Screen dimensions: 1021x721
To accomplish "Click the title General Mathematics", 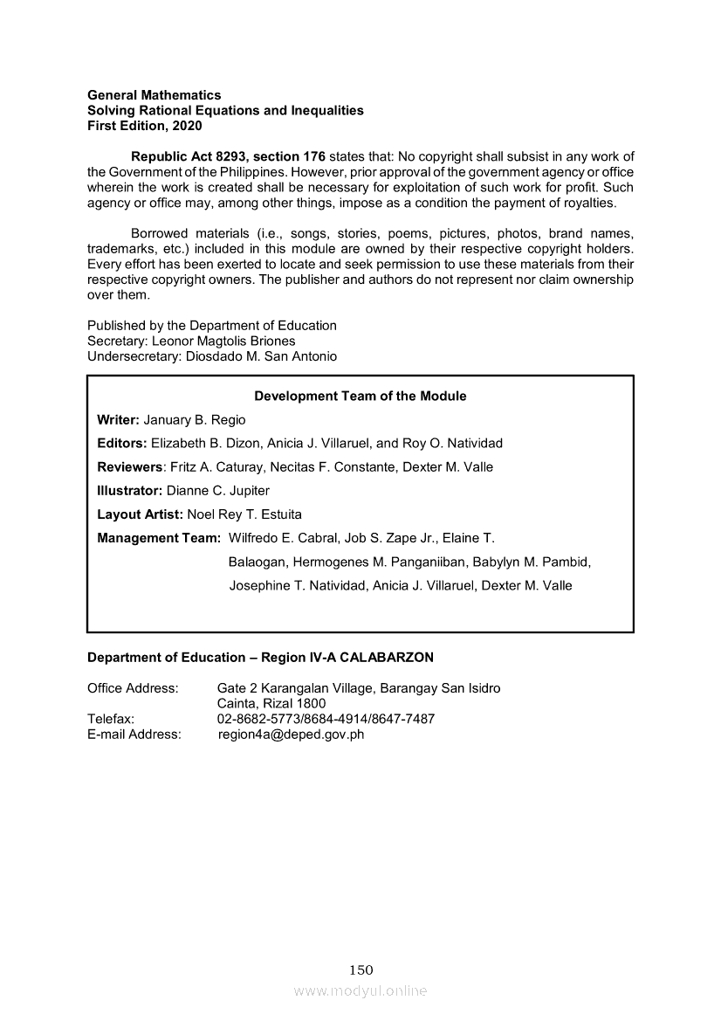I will pyautogui.click(x=154, y=95).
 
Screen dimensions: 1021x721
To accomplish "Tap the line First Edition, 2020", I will pyautogui.click(x=144, y=127).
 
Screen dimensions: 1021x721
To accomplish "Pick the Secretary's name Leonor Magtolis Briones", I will pyautogui.click(x=223, y=341).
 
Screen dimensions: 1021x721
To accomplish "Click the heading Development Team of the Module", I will pyautogui.click(x=360, y=397).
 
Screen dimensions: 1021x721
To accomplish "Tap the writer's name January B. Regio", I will pyautogui.click(x=195, y=420).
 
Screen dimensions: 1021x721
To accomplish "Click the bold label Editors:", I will pyautogui.click(x=122, y=444).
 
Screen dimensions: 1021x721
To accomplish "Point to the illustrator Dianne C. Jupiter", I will pyautogui.click(x=218, y=491).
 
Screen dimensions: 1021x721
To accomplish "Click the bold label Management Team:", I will pyautogui.click(x=158, y=538).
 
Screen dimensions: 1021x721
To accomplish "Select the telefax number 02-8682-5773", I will pyautogui.click(x=256, y=720).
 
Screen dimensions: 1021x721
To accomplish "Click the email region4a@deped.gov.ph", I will pyautogui.click(x=291, y=735).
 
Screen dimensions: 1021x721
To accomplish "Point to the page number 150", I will pyautogui.click(x=360, y=969).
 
